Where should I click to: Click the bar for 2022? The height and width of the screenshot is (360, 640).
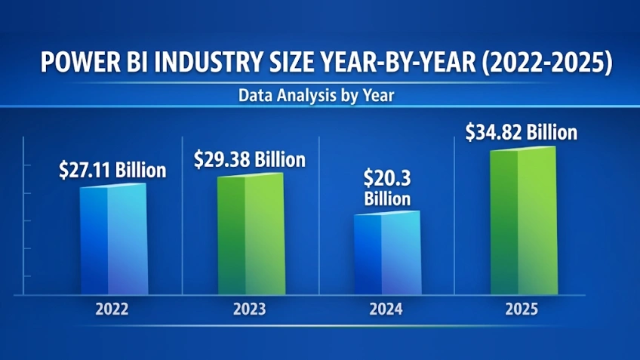click(x=112, y=239)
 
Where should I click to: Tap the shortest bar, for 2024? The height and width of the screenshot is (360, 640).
click(x=387, y=254)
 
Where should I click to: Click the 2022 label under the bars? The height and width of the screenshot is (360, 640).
click(x=112, y=309)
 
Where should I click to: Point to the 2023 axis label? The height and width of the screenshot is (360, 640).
click(x=250, y=309)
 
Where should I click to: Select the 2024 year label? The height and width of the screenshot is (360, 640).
click(x=386, y=309)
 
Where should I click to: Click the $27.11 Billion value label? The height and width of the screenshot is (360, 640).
click(x=112, y=171)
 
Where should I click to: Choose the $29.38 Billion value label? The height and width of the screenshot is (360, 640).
click(x=250, y=159)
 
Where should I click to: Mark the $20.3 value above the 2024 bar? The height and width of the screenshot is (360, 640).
click(x=387, y=179)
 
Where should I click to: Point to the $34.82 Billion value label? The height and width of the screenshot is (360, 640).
click(x=522, y=133)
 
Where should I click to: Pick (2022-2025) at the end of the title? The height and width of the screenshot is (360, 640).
click(x=545, y=63)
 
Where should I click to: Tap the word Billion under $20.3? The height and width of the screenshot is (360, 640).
click(x=387, y=199)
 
